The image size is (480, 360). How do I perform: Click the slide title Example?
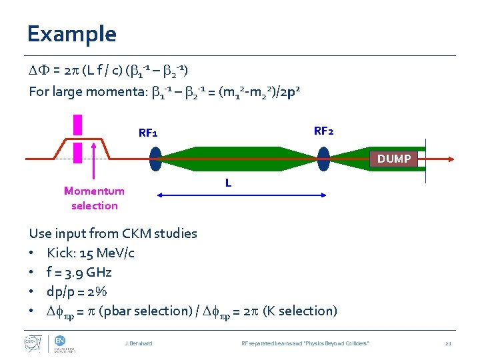(72, 34)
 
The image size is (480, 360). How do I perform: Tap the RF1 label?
(148, 133)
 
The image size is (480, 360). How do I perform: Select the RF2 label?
(323, 131)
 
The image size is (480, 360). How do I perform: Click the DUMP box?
(394, 159)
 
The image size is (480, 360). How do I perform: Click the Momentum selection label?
(94, 198)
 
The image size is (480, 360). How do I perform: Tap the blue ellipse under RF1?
(156, 159)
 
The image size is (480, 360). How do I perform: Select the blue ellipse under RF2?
(324, 159)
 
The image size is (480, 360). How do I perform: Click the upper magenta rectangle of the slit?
(78, 125)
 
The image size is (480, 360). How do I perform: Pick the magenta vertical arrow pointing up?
(95, 167)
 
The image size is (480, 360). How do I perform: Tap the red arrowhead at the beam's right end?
(451, 159)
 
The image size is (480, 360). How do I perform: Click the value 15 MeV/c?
(106, 253)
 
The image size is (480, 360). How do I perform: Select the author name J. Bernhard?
(139, 343)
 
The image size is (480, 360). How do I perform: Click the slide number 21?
(448, 343)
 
